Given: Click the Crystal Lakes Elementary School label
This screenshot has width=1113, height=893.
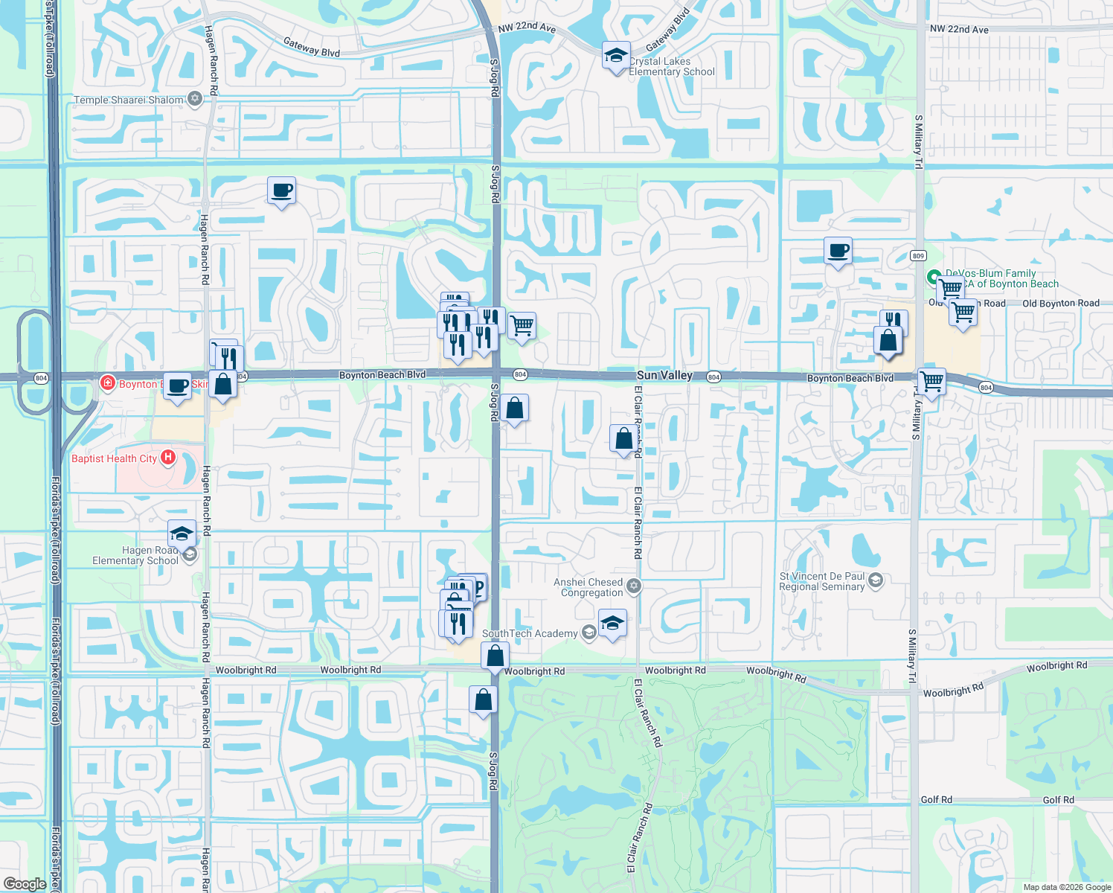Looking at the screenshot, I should pos(671,67).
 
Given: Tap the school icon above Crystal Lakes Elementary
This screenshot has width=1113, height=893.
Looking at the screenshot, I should pos(615,56).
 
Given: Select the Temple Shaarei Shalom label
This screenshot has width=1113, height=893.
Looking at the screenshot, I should pos(129,100).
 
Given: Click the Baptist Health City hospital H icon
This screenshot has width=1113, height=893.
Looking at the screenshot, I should pos(168,458).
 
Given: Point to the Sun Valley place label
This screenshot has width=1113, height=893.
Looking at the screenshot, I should pos(664,376).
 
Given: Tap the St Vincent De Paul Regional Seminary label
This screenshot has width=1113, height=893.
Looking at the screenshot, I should pos(822,581).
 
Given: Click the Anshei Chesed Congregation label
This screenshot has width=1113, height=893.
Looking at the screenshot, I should pos(588,587).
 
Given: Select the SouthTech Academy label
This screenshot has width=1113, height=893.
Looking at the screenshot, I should pos(530,633).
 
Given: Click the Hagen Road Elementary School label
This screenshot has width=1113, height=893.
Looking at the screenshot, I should pos(135,555).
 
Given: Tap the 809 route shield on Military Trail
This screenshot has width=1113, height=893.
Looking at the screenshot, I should pos(918,256).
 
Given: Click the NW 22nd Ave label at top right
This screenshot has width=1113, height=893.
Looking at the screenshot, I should pos(959,29).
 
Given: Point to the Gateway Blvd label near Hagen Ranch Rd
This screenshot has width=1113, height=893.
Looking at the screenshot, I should pos(312,47).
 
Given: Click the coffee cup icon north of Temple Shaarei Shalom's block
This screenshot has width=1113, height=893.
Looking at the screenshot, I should pos(281,191).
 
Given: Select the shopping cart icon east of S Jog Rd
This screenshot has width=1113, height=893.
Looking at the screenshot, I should pos(522,325).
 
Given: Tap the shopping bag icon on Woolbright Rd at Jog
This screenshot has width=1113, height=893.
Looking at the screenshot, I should pos(495,656).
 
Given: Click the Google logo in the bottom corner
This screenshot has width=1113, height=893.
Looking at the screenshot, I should pos(25,884).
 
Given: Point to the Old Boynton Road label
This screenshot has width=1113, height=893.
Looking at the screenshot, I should pos(1060,303).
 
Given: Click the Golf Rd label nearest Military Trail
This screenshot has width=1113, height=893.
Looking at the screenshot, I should pos(936,799).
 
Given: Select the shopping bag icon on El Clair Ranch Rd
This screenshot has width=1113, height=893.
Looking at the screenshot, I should pos(624,439).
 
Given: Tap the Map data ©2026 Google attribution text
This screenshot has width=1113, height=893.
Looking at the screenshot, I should pos(1067,887).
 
